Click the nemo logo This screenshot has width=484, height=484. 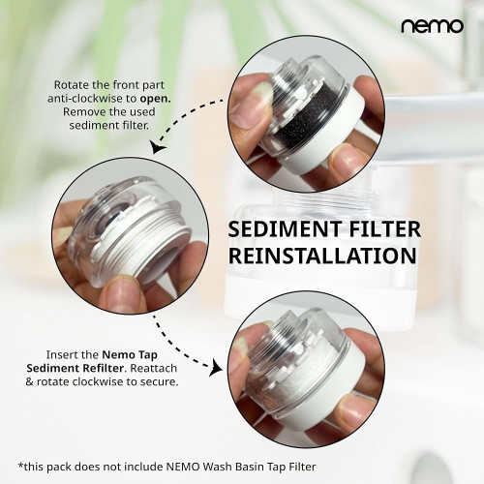432,26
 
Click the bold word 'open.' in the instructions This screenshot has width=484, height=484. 155,99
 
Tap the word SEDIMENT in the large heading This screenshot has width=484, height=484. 285,228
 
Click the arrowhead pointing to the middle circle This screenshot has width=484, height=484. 158,147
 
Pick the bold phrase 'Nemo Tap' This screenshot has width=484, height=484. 130,355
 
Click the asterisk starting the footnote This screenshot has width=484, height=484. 20,466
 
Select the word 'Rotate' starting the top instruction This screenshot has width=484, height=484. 71,85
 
